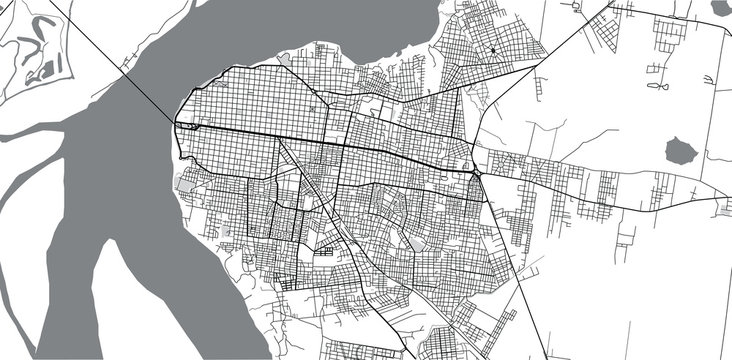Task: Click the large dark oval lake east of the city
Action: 681,152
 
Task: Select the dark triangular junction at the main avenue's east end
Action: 475,171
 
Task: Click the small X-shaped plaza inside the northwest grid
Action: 314,108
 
